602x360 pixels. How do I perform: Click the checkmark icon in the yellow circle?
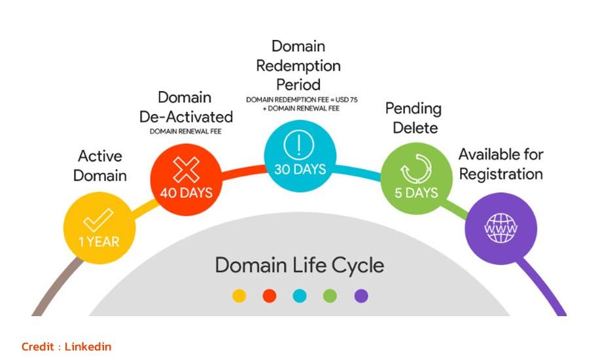click(99, 221)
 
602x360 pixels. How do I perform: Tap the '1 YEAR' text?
click(99, 242)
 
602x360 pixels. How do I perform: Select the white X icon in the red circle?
click(186, 170)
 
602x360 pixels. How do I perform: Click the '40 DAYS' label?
click(186, 194)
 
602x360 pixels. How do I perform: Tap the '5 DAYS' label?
click(416, 194)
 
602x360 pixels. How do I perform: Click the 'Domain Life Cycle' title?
click(300, 266)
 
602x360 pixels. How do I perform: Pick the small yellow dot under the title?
click(239, 296)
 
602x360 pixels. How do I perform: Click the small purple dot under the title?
click(361, 296)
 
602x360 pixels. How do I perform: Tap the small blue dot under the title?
click(300, 296)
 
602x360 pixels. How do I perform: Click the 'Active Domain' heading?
click(100, 166)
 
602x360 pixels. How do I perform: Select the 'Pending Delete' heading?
click(413, 117)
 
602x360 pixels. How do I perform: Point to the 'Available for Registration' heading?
click(501, 164)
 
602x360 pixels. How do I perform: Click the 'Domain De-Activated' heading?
click(186, 107)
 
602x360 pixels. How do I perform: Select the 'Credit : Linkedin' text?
click(66, 346)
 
